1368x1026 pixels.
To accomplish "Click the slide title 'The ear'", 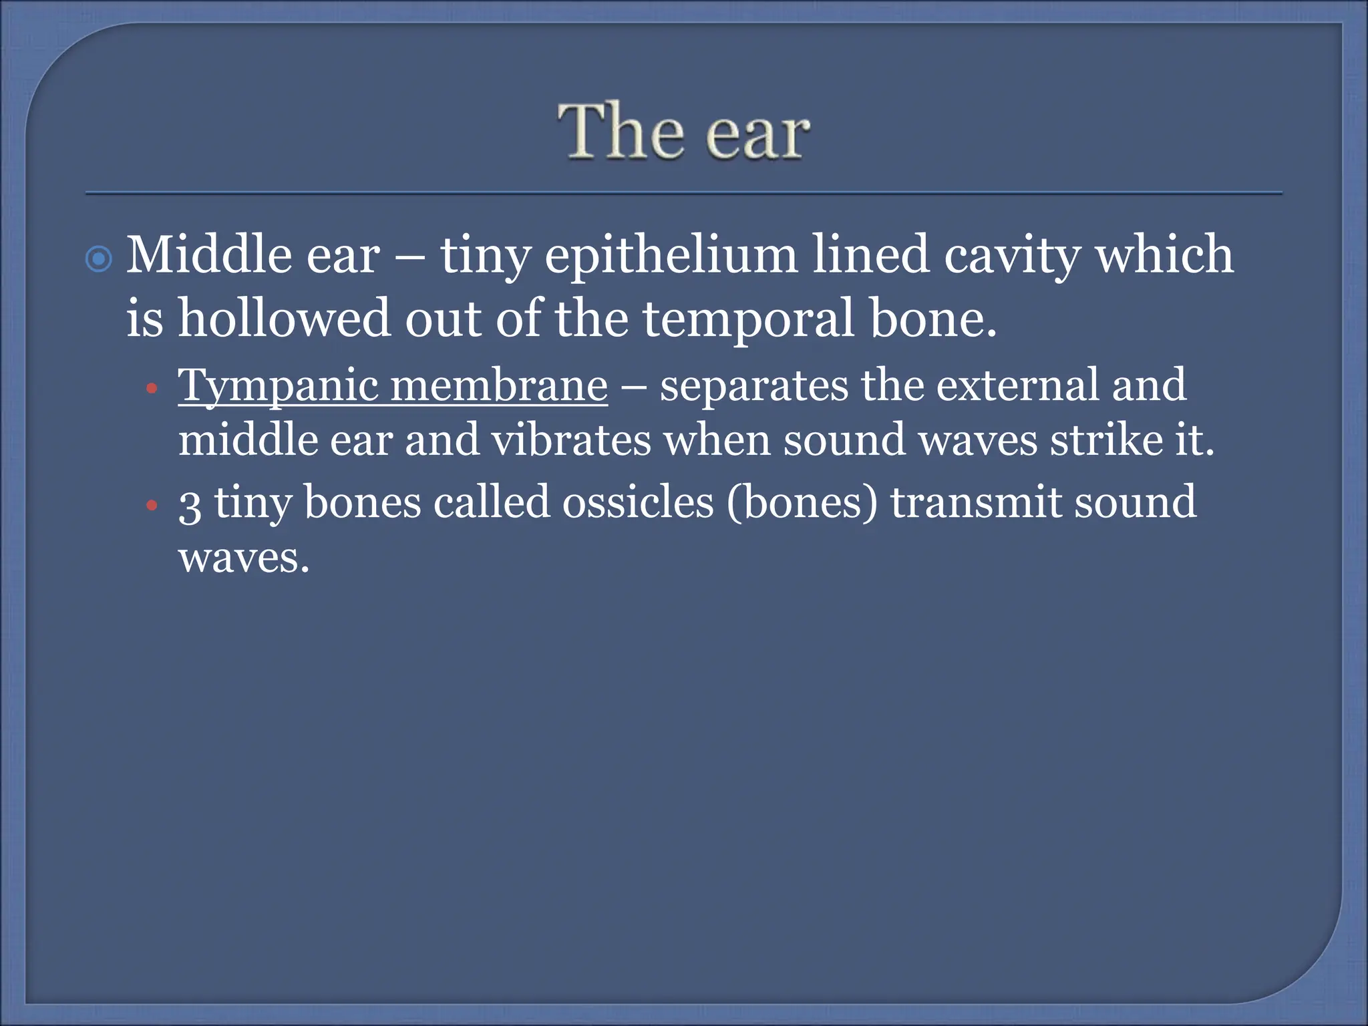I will click(684, 132).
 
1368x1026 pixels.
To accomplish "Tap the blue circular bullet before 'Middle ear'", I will click(100, 259).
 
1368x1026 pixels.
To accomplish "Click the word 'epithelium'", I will click(671, 256).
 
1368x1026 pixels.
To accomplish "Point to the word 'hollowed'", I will click(283, 318).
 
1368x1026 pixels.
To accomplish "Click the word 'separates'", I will click(753, 386).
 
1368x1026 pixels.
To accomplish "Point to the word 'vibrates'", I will click(570, 441).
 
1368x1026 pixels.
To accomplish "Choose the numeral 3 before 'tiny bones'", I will click(190, 504).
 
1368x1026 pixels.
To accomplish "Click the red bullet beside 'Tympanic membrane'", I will click(152, 388).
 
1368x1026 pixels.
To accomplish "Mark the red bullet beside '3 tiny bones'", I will click(152, 505).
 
